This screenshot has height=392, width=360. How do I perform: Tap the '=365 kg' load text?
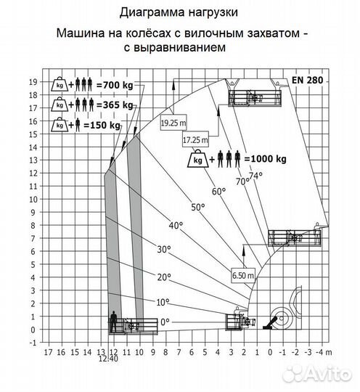coord(115,105)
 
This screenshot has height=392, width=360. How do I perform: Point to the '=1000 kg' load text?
coord(266,158)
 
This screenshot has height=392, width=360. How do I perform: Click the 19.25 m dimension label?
coord(174,122)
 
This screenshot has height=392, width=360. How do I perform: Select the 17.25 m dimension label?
coord(196,139)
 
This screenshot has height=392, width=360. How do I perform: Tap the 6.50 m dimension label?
coord(244,275)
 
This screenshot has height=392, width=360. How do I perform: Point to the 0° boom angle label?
coord(165,321)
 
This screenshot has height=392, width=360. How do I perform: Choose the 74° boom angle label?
coord(255,175)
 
